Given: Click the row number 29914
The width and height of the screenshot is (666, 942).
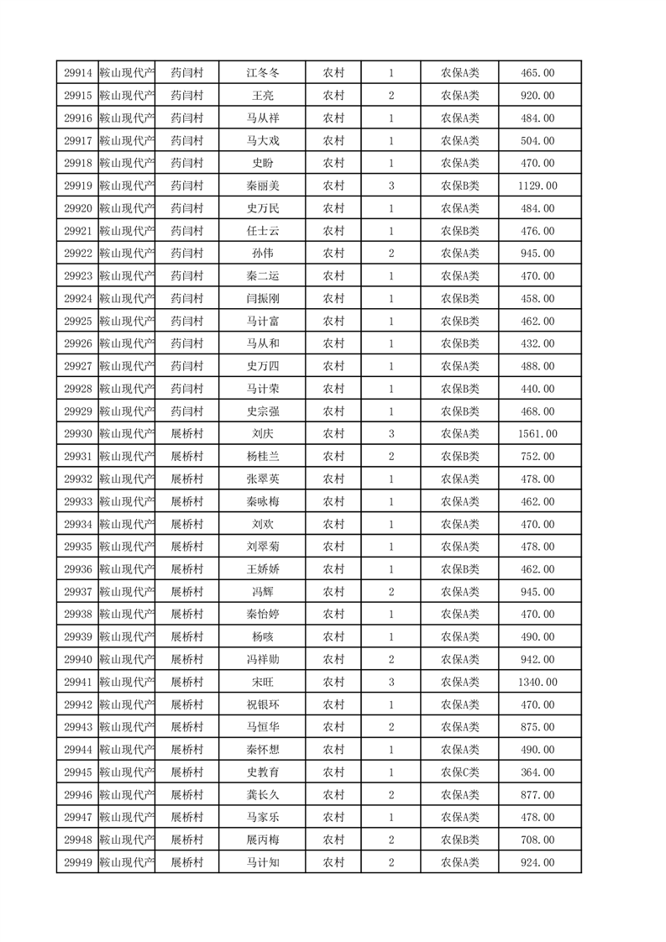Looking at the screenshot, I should click(x=77, y=74).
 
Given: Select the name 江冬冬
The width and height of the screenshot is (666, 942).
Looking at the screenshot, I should click(x=262, y=74).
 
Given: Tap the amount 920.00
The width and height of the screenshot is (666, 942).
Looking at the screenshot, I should click(x=538, y=97).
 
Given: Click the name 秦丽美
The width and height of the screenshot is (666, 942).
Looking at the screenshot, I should click(x=262, y=186).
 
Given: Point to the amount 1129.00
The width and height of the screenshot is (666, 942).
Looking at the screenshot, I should click(x=538, y=186).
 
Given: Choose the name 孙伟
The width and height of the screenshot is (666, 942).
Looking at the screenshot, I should click(x=262, y=254).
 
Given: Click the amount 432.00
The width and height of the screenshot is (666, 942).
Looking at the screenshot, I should click(x=538, y=343).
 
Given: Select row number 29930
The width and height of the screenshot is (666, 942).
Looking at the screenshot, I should click(x=77, y=434).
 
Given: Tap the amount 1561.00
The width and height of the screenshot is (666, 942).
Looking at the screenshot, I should click(x=538, y=434).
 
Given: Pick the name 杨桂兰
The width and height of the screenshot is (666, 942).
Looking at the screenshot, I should click(x=262, y=457).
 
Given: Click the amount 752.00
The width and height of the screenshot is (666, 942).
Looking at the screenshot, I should click(x=538, y=457).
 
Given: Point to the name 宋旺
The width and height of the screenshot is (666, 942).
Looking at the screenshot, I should click(x=262, y=682).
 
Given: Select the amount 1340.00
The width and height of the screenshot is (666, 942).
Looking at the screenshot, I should click(x=538, y=682).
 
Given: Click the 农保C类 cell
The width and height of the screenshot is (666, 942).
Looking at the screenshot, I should click(x=459, y=772).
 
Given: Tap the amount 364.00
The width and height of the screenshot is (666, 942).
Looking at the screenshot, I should click(x=538, y=772).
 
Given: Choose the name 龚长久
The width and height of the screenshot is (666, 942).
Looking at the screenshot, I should click(x=262, y=795).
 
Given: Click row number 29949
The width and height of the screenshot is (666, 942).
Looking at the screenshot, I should click(x=77, y=862).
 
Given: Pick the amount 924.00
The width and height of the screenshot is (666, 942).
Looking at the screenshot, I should click(x=538, y=862).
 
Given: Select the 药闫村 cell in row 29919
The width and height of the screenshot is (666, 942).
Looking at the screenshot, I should click(x=186, y=186).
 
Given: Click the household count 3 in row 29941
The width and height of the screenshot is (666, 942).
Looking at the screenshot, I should click(x=391, y=682).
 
